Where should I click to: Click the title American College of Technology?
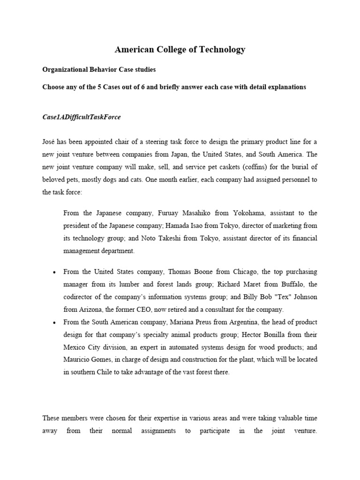tap(180, 50)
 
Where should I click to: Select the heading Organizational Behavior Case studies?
tap(99, 69)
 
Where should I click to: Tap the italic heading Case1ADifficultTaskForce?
tap(82, 117)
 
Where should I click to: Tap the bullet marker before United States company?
tap(55, 272)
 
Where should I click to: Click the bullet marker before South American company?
tap(55, 323)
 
